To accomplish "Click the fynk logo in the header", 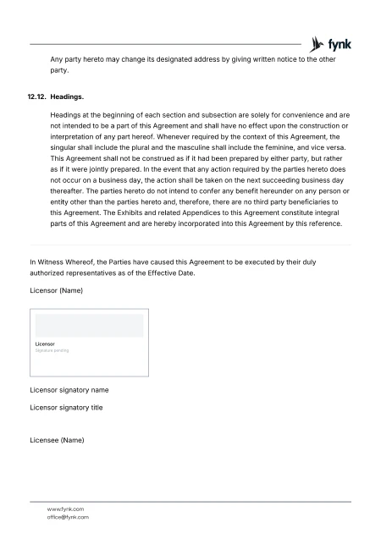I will tap(332, 43).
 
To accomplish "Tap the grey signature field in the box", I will tap(88, 325).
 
